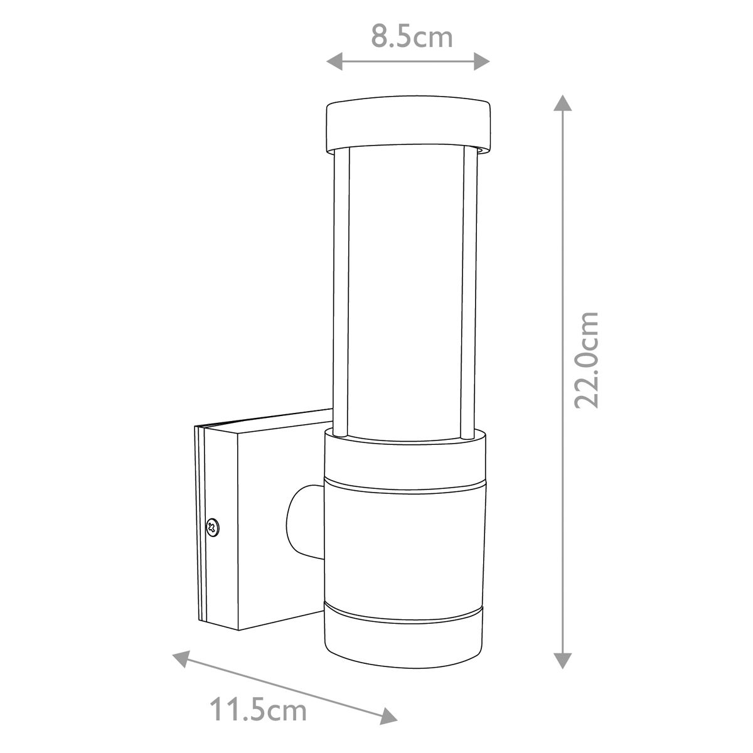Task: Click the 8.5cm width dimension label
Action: tap(411, 37)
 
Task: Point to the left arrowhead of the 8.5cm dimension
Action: tap(334, 61)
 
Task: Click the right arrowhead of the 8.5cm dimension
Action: tap(482, 61)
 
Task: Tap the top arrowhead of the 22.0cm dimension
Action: tap(563, 103)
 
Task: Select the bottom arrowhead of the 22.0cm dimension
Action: tap(563, 660)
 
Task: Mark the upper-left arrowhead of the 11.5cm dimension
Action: tap(182, 660)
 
